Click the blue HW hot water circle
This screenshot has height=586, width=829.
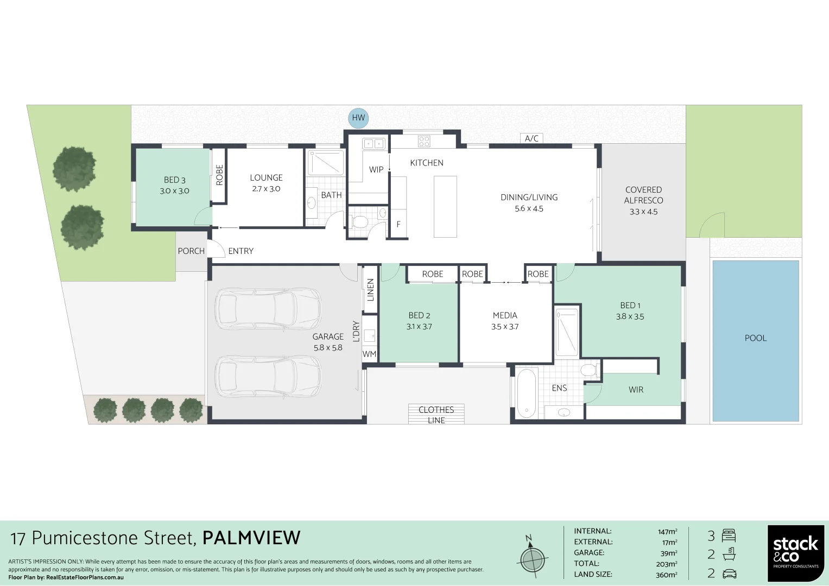358,118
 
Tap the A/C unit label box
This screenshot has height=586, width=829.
531,138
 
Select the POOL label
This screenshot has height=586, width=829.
755,338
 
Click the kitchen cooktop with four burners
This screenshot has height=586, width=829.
424,142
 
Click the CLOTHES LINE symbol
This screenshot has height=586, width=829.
436,415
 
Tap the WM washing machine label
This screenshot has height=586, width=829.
369,354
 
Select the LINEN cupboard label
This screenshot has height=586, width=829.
371,290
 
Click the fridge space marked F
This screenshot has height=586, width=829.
398,224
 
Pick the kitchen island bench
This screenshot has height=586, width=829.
445,207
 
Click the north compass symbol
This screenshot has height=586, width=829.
532,557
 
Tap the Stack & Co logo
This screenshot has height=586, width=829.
795,553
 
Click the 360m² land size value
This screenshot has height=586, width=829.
666,575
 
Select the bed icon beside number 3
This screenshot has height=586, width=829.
729,536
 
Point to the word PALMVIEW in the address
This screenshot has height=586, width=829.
251,538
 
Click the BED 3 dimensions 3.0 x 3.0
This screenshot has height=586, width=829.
174,191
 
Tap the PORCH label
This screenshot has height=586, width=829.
191,251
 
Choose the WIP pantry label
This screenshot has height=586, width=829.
376,169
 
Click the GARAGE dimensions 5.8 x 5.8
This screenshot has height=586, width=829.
328,348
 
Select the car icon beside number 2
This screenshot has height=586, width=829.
729,574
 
